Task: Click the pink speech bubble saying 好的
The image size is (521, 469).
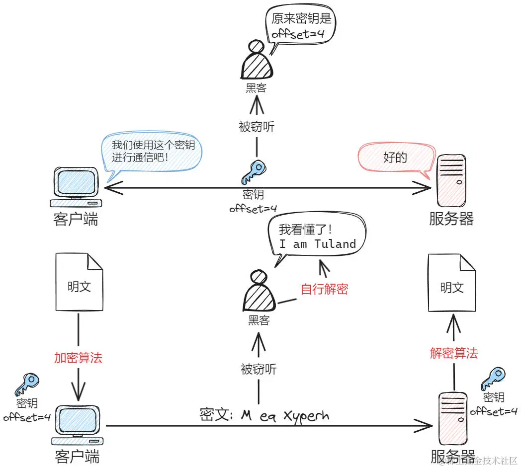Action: tap(395, 157)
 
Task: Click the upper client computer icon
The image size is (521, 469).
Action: tap(77, 187)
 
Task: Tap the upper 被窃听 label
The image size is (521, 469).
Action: tap(257, 127)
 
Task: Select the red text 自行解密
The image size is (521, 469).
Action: tap(324, 289)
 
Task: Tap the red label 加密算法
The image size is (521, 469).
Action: tap(78, 358)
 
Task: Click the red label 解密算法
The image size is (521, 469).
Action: tap(453, 353)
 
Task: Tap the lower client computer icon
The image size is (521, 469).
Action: tap(78, 425)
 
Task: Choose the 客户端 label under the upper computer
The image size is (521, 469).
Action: tap(76, 219)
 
